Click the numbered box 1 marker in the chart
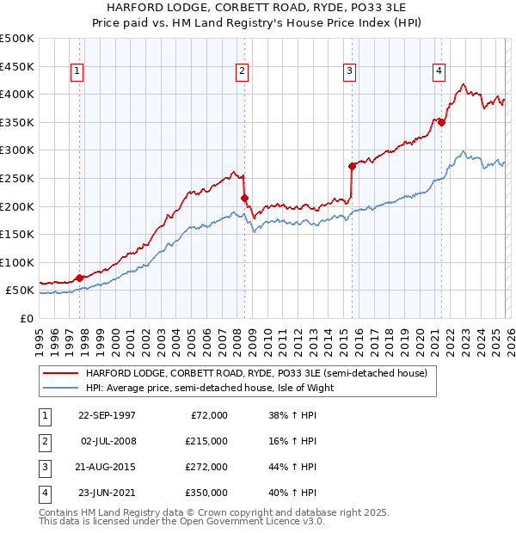[78, 71]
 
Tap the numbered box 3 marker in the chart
[351, 71]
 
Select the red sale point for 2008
[244, 198]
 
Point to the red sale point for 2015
[352, 166]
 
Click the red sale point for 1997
[80, 278]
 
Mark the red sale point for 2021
[441, 122]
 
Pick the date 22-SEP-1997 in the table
[107, 415]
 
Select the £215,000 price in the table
[206, 441]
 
